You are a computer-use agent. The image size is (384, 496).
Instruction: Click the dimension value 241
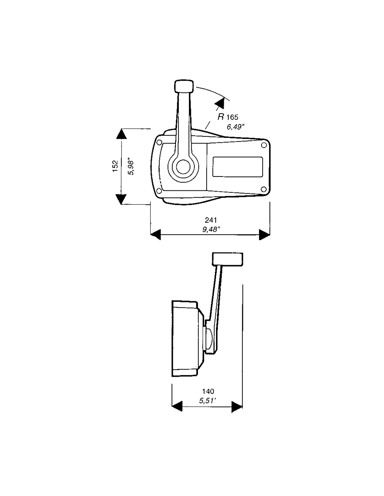211,220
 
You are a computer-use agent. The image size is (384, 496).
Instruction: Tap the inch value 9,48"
211,230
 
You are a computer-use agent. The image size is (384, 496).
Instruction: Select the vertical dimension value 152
116,166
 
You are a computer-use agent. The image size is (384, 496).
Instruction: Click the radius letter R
221,117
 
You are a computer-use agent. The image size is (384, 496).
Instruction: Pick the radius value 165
232,117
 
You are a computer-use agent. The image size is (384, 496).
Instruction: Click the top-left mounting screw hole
160,142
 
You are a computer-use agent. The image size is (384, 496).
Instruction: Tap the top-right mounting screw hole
264,145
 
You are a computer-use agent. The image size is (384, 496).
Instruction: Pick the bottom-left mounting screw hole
160,190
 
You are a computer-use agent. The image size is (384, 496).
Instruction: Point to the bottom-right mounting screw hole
264,189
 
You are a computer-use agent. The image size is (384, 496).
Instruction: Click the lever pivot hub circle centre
183,167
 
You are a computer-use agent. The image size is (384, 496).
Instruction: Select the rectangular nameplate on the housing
238,167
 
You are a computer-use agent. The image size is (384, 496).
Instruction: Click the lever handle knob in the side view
228,259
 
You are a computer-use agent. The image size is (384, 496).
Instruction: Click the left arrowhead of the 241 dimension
155,235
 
